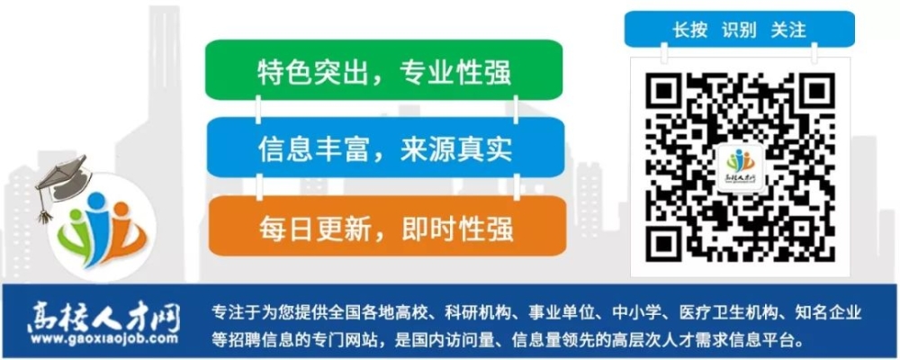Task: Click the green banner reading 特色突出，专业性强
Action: coord(383,69)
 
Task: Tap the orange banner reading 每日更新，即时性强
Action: coord(387,226)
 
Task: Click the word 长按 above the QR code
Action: coord(690,30)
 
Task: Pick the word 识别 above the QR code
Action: coord(739,30)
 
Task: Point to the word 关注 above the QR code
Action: coord(788,30)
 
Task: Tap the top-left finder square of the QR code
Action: coord(667,94)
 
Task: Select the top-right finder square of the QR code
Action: coord(812,94)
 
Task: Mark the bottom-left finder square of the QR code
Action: coord(667,240)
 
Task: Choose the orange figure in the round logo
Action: coord(124,229)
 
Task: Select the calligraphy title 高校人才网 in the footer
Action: coord(103,317)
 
